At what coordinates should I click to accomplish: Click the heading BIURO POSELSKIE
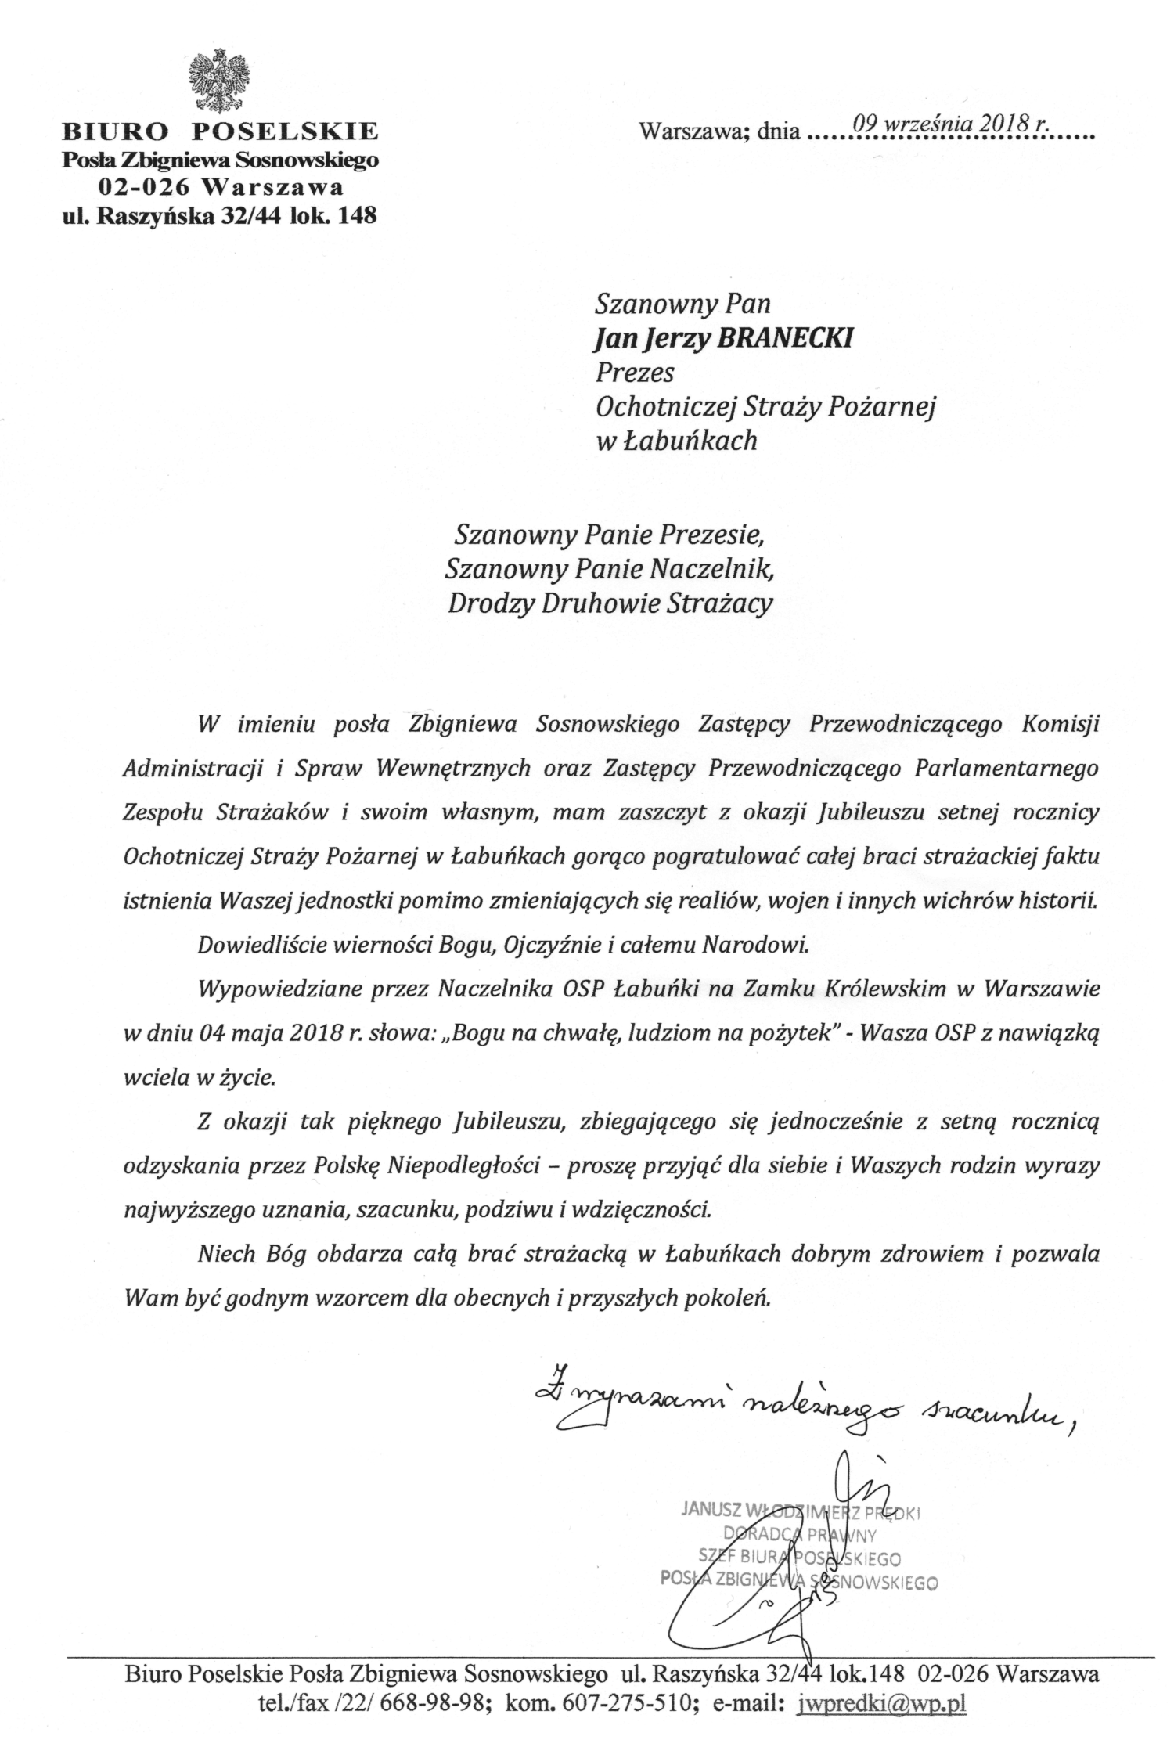pyautogui.click(x=221, y=130)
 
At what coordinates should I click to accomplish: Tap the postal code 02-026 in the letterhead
pyautogui.click(x=144, y=188)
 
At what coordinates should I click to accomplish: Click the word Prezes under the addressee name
pyautogui.click(x=634, y=372)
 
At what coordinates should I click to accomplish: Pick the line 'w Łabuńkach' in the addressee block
pyautogui.click(x=676, y=441)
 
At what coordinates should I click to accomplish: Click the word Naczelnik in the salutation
pyautogui.click(x=711, y=569)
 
